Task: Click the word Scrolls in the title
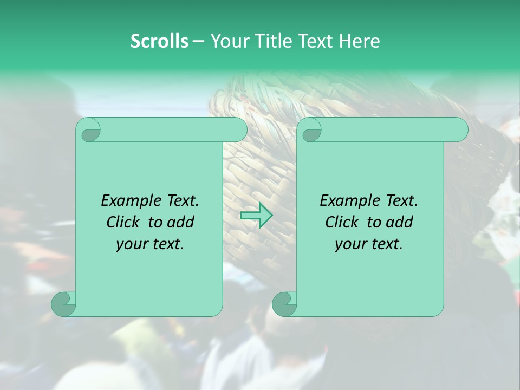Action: pos(159,41)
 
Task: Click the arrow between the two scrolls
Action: pos(256,215)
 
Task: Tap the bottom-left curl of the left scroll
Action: pos(63,304)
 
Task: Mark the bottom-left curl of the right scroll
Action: pos(284,304)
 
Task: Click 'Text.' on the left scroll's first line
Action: pos(183,201)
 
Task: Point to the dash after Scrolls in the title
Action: pos(199,41)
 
